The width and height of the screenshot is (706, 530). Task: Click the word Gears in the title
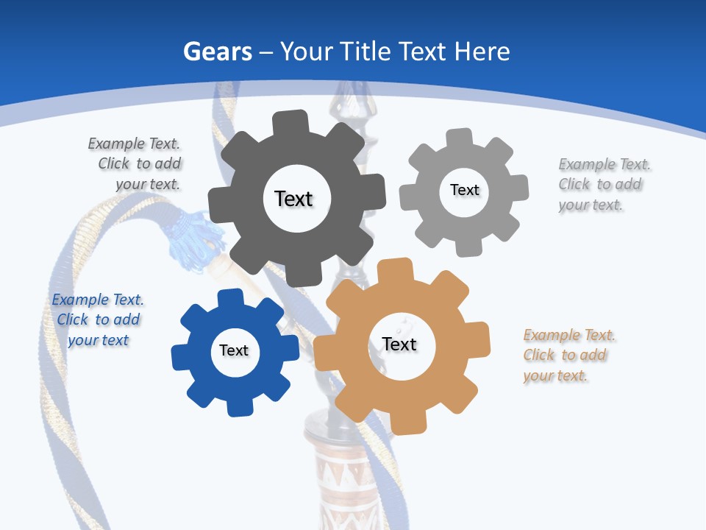click(218, 52)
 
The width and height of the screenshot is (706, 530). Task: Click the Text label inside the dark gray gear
click(293, 199)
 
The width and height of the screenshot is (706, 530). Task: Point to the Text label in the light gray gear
click(464, 190)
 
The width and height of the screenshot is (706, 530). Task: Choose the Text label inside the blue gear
click(234, 350)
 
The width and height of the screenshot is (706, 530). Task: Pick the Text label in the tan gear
click(399, 344)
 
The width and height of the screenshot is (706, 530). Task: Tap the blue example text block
click(98, 319)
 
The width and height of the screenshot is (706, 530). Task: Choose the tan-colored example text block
click(568, 355)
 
